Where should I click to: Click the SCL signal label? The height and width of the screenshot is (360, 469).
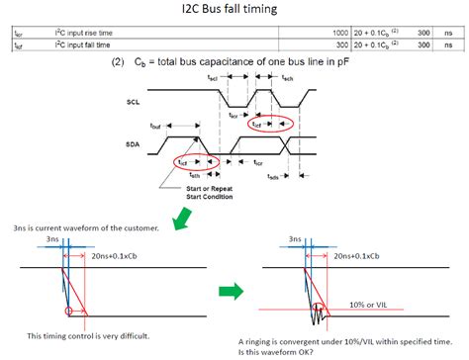(x=134, y=102)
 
